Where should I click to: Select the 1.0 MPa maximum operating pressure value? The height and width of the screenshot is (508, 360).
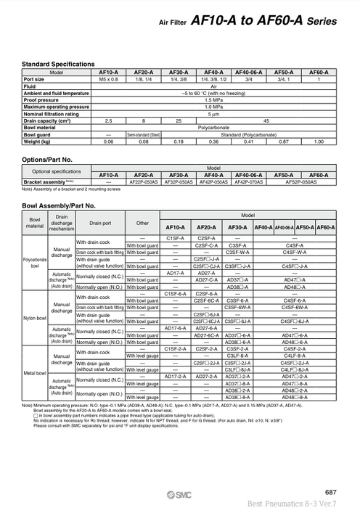click(213, 107)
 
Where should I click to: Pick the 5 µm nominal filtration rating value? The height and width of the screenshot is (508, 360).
click(213, 113)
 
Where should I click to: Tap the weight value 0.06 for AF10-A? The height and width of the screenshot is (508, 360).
click(109, 141)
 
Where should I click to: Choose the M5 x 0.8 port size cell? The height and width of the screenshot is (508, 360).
click(109, 79)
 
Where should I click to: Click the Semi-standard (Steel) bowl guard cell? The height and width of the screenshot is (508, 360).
click(144, 134)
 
